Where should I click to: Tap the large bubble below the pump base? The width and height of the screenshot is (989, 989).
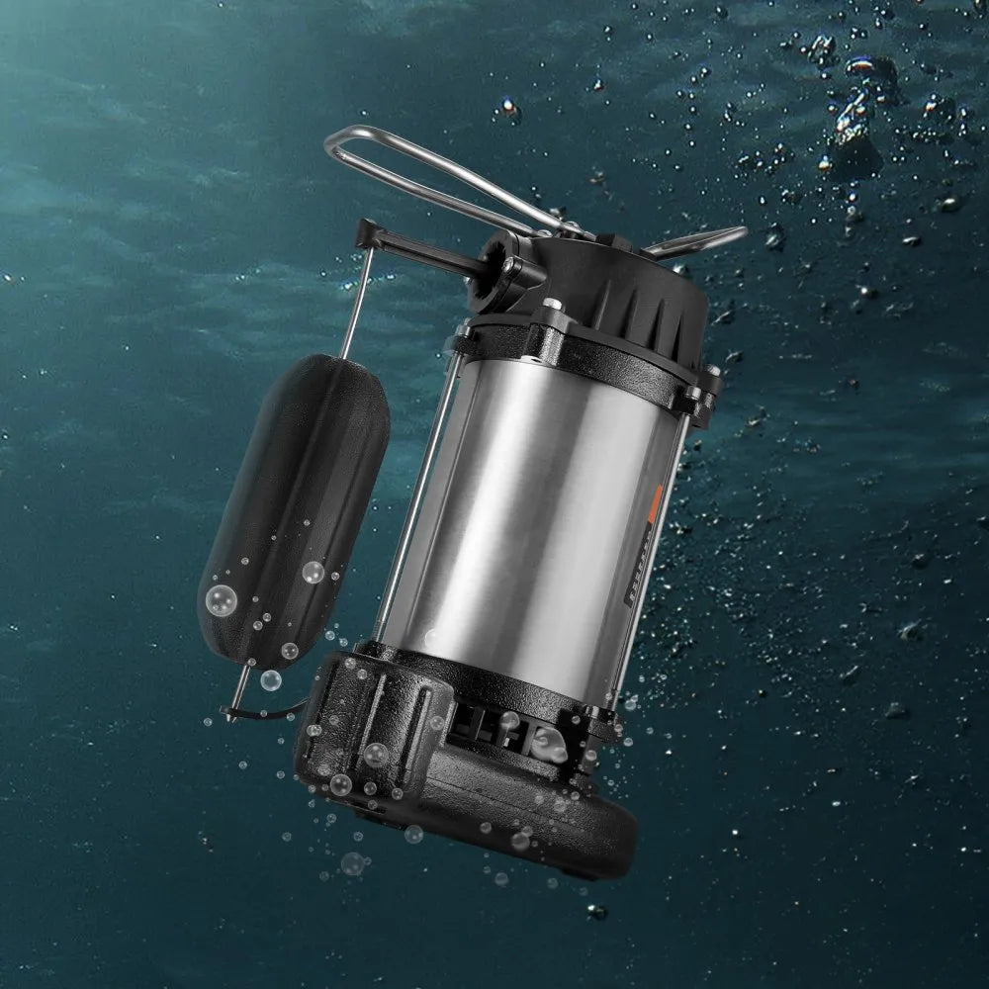[352, 864]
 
